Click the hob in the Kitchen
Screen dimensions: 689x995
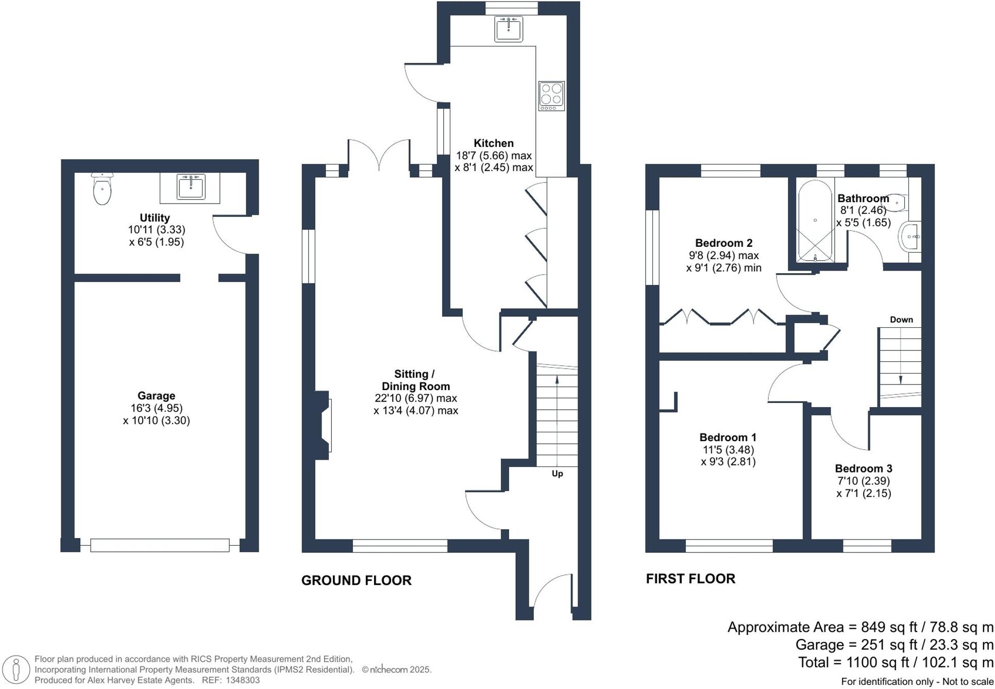551,96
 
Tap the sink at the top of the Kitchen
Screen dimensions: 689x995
508,28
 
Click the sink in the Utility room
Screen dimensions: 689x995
191,187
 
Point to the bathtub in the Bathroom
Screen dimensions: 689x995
815,222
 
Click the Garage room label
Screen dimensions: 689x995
156,396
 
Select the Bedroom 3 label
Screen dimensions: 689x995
863,468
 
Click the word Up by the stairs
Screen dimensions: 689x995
557,474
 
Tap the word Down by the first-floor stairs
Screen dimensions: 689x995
901,320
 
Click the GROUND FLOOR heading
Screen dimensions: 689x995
356,580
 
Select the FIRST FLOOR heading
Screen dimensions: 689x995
690,578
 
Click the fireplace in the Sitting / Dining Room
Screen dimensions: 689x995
323,425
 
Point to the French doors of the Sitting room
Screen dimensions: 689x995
379,155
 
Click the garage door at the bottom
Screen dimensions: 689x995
160,545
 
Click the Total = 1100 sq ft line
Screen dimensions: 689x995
895,662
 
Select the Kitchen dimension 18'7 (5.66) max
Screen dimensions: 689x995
493,155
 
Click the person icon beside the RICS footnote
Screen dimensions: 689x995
16,670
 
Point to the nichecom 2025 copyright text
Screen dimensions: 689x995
396,670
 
